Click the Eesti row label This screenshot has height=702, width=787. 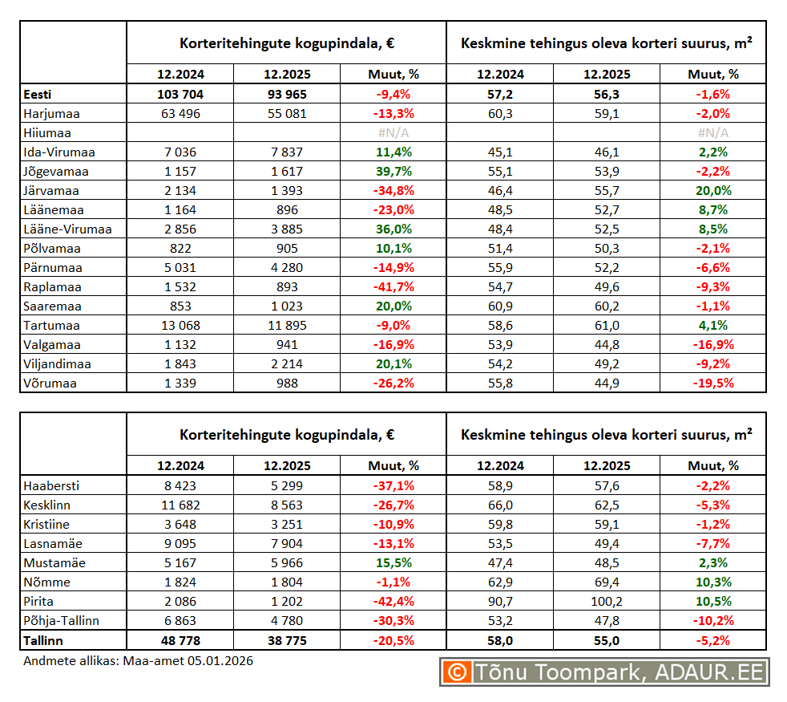pyautogui.click(x=38, y=95)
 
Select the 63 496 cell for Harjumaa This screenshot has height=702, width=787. pyautogui.click(x=180, y=114)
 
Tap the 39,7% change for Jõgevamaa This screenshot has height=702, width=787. pyautogui.click(x=393, y=172)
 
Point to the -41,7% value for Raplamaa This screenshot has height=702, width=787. pyautogui.click(x=393, y=287)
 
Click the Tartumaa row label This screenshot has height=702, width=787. pyautogui.click(x=51, y=326)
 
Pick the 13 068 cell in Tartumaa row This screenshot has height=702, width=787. pyautogui.click(x=180, y=326)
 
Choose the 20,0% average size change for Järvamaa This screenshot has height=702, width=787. pyautogui.click(x=713, y=191)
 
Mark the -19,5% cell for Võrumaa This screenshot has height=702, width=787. pyautogui.click(x=713, y=383)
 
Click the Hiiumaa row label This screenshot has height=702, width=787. pyautogui.click(x=47, y=133)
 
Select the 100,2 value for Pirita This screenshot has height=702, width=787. pyautogui.click(x=607, y=602)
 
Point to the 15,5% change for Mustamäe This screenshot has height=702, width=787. pyautogui.click(x=393, y=563)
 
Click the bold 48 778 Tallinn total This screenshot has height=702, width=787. pyautogui.click(x=180, y=640)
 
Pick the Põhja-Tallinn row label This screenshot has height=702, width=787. pyautogui.click(x=62, y=621)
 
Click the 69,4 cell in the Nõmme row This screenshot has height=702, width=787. pyautogui.click(x=607, y=582)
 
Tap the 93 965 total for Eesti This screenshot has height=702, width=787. pyautogui.click(x=286, y=95)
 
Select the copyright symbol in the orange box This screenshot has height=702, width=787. pyautogui.click(x=457, y=672)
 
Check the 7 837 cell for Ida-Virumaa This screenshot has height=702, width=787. pyautogui.click(x=286, y=152)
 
